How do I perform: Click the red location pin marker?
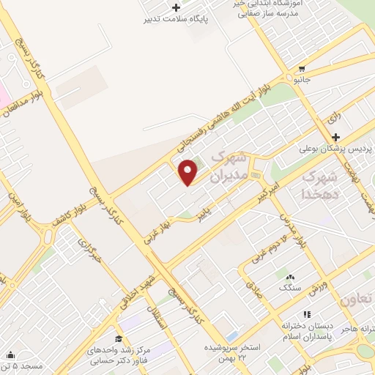[189, 171]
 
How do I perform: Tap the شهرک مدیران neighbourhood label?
[229, 167]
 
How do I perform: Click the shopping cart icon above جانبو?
[301, 69]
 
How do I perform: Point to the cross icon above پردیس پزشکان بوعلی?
[335, 137]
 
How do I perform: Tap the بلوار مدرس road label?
[289, 228]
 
